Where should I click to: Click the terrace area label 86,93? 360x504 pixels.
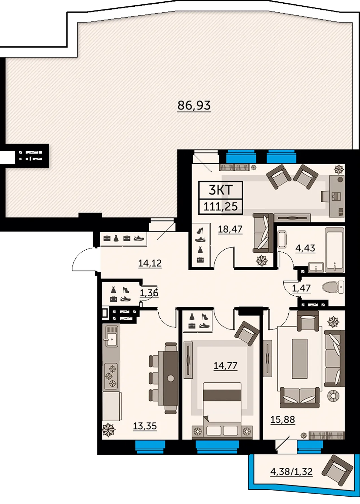[x=194, y=105]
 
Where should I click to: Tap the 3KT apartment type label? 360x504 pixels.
[x=221, y=190]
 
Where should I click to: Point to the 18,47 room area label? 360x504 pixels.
[x=230, y=229]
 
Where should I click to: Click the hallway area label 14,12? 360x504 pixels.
[x=150, y=263]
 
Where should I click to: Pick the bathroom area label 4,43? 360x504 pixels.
[x=305, y=248]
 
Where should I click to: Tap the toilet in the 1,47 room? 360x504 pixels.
[x=333, y=287]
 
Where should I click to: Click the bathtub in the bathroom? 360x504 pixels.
[x=335, y=250]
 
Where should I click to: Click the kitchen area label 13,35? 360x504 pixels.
[x=145, y=426]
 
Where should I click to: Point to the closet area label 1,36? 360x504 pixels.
[x=149, y=293]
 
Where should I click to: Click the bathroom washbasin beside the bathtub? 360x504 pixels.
[x=316, y=267]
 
